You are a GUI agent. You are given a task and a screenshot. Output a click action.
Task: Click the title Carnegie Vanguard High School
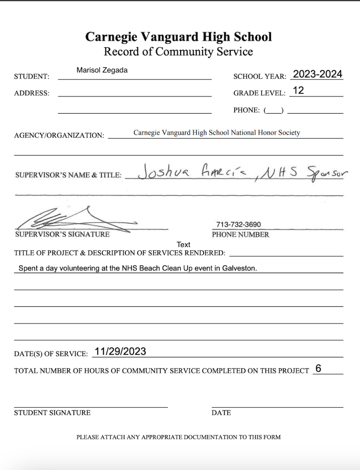[179, 37]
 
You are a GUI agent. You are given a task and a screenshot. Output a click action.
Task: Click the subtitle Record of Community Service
[178, 52]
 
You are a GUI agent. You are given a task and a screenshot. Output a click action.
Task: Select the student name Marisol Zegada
[102, 70]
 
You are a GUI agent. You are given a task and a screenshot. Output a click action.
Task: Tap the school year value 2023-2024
[317, 74]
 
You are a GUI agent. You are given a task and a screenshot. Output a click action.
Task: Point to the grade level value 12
[298, 90]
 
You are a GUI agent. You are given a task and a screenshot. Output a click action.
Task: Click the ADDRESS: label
[32, 93]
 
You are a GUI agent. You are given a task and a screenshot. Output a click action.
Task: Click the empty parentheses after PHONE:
[274, 111]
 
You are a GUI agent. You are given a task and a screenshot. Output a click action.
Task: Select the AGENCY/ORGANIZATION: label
[59, 135]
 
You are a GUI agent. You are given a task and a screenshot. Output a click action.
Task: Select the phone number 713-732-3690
[238, 224]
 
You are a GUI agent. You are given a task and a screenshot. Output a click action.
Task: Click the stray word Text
[183, 245]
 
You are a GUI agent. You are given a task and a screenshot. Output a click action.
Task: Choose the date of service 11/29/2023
[120, 352]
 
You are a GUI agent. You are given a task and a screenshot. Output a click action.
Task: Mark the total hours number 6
[318, 368]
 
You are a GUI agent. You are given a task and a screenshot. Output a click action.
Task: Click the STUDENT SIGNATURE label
[52, 413]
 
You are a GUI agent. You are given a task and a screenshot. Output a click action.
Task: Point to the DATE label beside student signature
[221, 413]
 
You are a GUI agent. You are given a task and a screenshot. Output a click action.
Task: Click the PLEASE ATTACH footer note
[179, 437]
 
